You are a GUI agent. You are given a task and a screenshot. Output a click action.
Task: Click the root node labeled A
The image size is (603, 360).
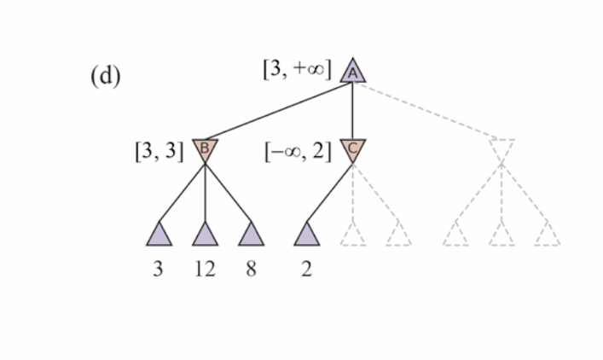click(353, 72)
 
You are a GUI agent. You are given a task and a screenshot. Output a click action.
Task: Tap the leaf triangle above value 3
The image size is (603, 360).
click(159, 234)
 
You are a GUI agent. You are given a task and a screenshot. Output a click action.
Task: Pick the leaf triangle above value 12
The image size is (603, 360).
click(205, 234)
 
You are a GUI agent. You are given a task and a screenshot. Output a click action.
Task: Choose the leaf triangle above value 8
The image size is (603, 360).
click(251, 234)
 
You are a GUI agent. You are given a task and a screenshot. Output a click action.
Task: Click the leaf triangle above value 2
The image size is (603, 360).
click(307, 234)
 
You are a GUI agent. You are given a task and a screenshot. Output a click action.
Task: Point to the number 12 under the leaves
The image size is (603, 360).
click(205, 270)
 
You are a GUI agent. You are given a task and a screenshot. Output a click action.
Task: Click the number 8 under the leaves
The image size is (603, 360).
click(251, 270)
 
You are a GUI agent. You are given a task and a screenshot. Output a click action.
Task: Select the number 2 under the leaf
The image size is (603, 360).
click(307, 270)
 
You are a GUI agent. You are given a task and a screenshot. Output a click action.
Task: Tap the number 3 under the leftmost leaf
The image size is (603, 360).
click(159, 270)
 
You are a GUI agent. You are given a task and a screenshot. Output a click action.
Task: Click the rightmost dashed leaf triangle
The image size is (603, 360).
click(547, 235)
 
